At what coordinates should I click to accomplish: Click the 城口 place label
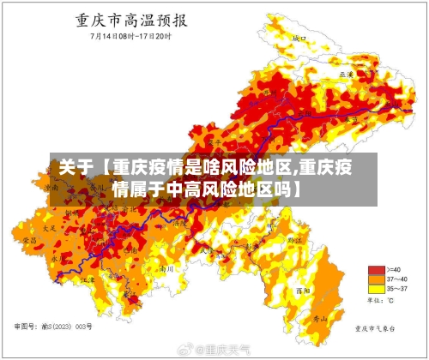coord(299,39)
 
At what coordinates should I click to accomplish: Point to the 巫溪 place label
coord(347,75)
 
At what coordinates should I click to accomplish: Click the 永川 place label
coord(56,256)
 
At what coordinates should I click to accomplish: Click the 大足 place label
coord(49,229)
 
